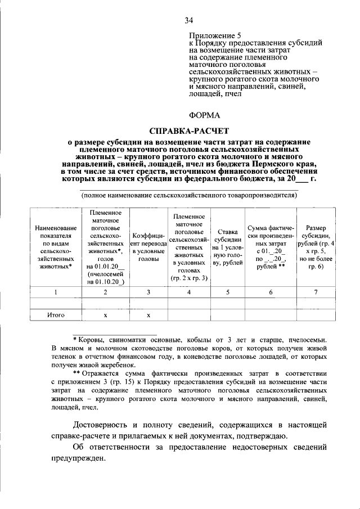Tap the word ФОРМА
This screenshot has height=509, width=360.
click(205, 115)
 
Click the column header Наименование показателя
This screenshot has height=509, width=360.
click(56, 247)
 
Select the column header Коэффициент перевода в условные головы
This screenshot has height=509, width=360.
click(148, 247)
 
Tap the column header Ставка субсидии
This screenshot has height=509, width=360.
click(227, 247)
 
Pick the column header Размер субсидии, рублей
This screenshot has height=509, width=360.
click(316, 247)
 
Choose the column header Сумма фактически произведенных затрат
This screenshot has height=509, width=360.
click(271, 247)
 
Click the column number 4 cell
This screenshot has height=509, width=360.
click(188, 292)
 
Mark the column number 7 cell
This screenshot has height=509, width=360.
click(316, 292)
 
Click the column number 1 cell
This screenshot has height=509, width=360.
click(56, 292)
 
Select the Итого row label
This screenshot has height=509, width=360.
click(56, 316)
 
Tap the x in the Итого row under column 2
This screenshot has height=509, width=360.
click(106, 316)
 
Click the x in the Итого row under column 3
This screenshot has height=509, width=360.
click(148, 316)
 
